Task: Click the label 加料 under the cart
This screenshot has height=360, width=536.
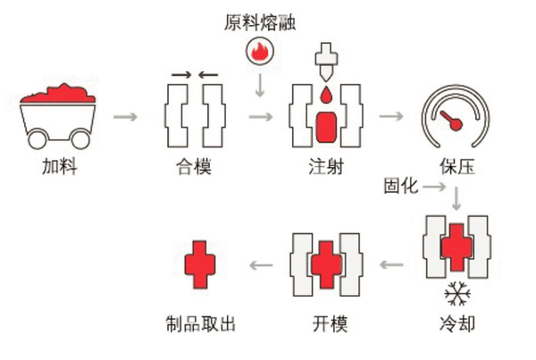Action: (59, 166)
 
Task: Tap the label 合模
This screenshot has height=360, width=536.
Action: (194, 166)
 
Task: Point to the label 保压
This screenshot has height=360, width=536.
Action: (456, 166)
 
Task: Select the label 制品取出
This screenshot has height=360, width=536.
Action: (196, 322)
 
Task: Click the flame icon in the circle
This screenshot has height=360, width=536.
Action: (259, 54)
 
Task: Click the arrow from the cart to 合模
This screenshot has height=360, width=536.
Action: (128, 116)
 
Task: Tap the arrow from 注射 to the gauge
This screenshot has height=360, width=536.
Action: (390, 116)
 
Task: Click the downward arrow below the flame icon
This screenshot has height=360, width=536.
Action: (259, 87)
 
